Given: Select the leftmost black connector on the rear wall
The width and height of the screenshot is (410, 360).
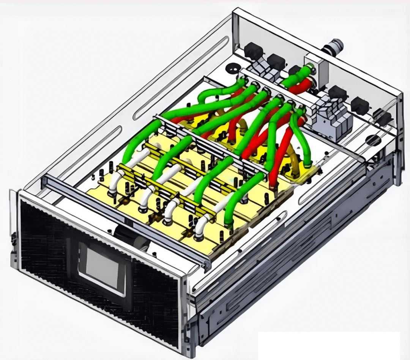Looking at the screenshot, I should (254, 51).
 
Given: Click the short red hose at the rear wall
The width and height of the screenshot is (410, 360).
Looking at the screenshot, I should (300, 86).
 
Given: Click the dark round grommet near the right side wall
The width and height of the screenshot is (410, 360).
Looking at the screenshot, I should (374, 140).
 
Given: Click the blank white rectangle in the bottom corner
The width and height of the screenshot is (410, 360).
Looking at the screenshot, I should (329, 345).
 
